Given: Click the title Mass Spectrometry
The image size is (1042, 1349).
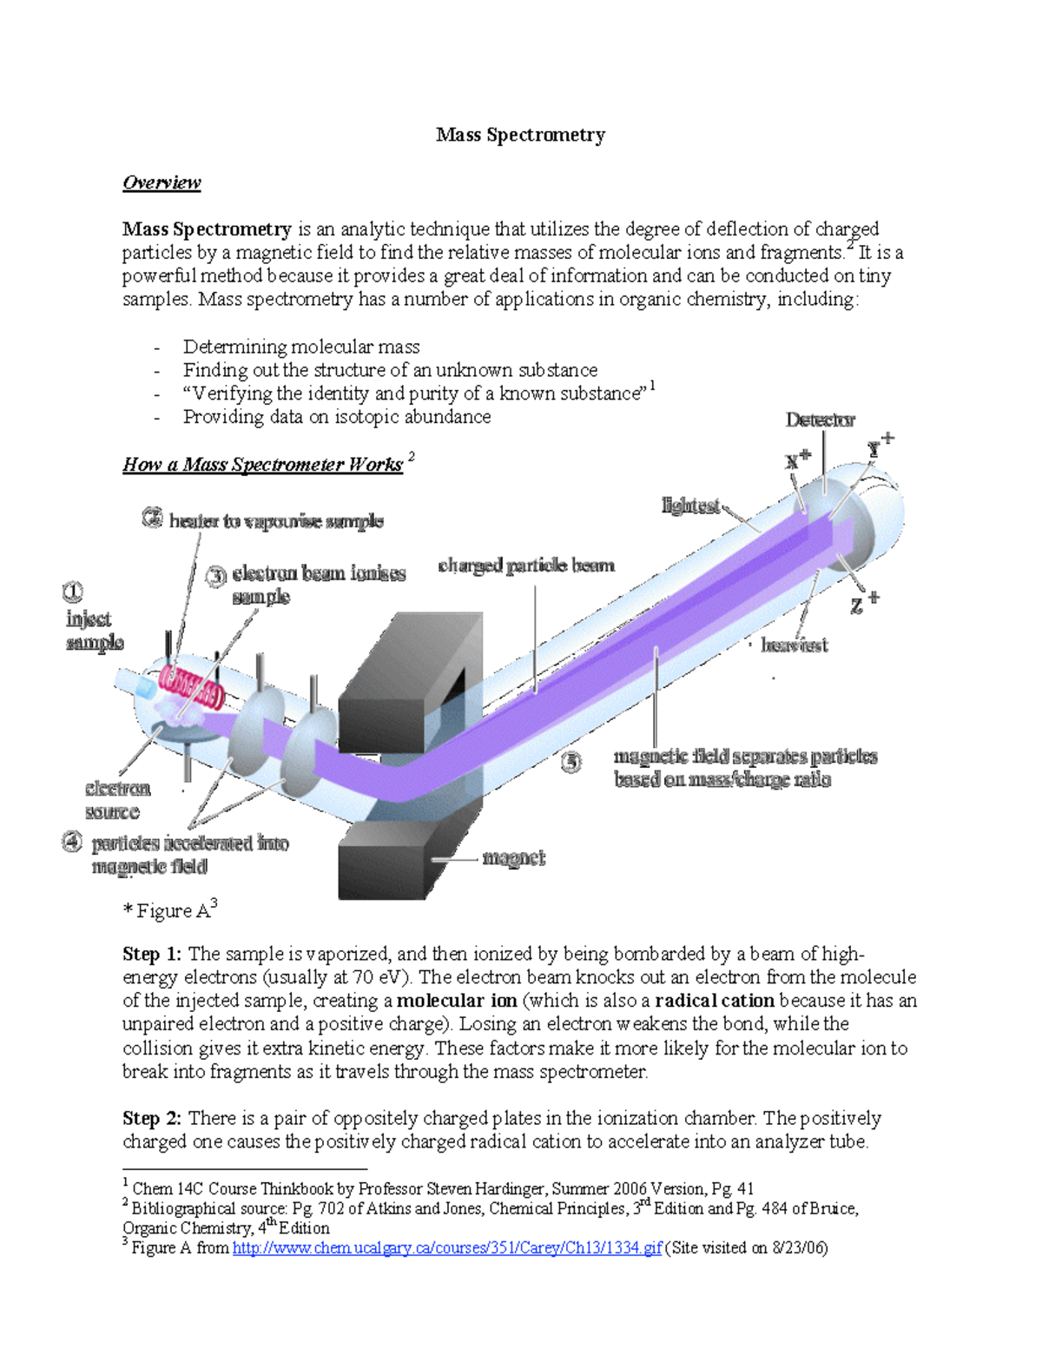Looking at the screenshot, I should pos(520,135).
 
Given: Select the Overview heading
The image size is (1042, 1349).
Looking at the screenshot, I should pos(162,182).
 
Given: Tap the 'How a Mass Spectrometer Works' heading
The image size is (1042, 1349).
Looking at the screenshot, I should pos(262,465).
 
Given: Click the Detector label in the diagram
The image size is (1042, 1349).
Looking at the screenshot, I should pos(820,420).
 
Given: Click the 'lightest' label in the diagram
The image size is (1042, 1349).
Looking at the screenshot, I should pos(690,506).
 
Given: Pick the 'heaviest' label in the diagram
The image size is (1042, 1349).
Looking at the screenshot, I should pos(794,645).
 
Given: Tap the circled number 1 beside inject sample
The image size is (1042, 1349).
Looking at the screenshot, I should pos(72,592).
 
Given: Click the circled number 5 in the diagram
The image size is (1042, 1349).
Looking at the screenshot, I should pos(570,762).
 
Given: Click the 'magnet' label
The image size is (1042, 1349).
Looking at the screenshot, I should pos(513,858).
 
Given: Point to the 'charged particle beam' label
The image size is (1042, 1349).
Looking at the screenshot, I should pos(526,565).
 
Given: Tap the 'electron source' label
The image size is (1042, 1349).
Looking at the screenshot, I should pos(116,800).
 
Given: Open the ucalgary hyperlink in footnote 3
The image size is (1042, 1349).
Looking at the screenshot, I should pos(447,1248).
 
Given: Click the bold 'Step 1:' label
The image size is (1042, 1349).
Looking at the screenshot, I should pos(152,954).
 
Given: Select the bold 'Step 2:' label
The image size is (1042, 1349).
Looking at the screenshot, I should pos(152,1118).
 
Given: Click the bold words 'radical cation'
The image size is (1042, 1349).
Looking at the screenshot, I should pos(714,1001).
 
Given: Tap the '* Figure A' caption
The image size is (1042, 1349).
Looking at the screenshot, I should pos(169,910).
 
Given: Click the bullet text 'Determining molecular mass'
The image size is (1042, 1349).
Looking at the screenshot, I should pos(301,347).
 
